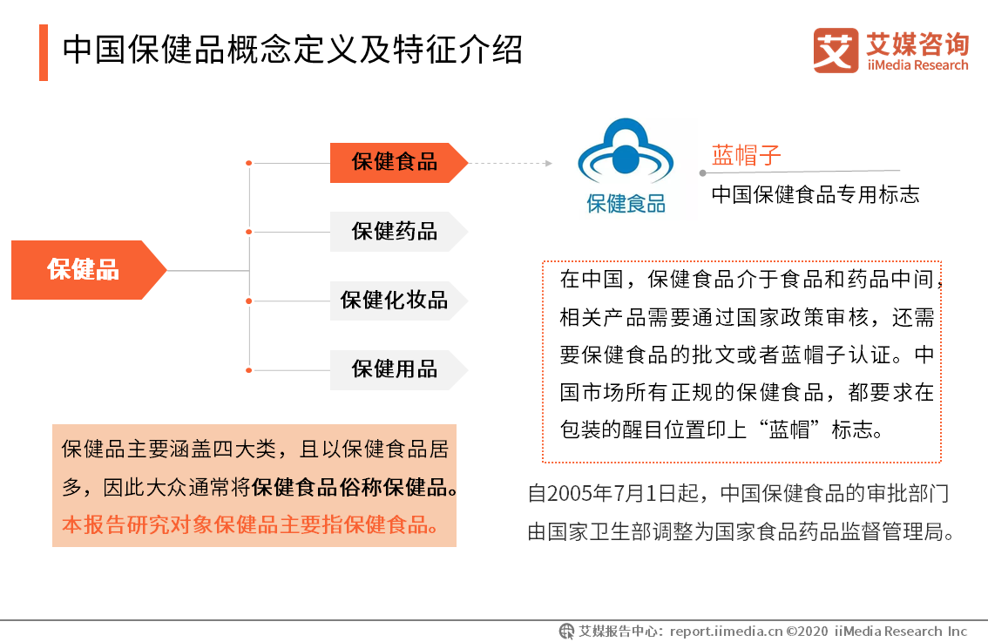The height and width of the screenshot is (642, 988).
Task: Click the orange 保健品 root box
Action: (85, 270)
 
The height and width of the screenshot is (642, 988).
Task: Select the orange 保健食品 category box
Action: (395, 162)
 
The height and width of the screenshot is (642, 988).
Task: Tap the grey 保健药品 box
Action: (395, 232)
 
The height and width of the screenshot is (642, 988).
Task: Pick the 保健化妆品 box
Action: (395, 301)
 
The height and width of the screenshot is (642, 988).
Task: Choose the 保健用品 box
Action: (395, 369)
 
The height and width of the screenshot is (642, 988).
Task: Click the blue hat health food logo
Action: (626, 157)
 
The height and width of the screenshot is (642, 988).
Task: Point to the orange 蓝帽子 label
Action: (746, 156)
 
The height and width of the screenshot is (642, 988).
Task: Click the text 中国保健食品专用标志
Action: (815, 194)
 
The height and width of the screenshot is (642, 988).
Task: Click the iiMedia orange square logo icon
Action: (836, 51)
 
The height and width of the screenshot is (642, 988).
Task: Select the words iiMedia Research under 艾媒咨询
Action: (917, 65)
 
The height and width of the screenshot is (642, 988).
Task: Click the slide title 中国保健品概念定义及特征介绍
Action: (293, 51)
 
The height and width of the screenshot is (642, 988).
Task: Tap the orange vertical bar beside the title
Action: (44, 52)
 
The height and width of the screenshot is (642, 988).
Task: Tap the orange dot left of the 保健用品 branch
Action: (249, 370)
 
